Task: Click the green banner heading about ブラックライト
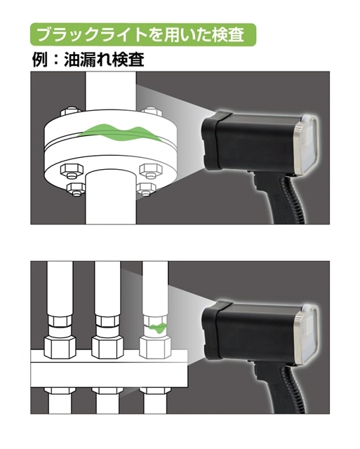(x=143, y=34)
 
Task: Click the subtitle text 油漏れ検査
(x=104, y=60)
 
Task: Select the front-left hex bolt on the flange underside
(x=72, y=170)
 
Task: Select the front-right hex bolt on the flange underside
(x=151, y=170)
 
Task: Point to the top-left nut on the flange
(x=71, y=112)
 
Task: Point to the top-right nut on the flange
(x=152, y=112)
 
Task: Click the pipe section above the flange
(x=111, y=91)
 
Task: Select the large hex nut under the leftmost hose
(x=60, y=347)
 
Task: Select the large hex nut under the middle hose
(x=107, y=347)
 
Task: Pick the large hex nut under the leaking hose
(x=155, y=347)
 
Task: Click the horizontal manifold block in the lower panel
(x=109, y=369)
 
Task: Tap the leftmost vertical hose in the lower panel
(x=60, y=288)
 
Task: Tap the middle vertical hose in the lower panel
(x=107, y=288)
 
